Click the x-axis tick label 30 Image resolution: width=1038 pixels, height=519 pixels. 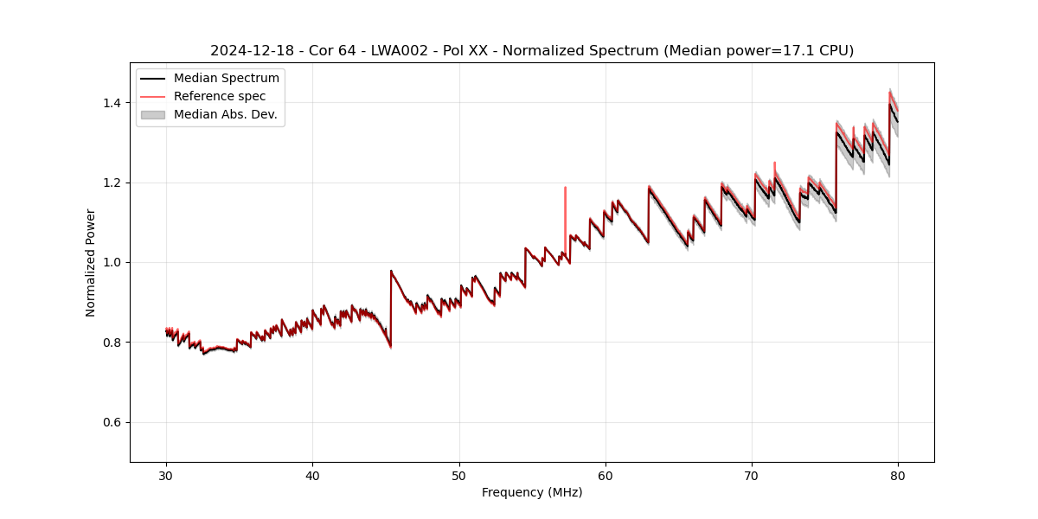pyautogui.click(x=166, y=475)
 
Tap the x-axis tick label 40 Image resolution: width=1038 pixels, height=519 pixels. pyautogui.click(x=312, y=475)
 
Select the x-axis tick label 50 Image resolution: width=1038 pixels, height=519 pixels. pyautogui.click(x=459, y=475)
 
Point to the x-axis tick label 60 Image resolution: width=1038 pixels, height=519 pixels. pyautogui.click(x=605, y=475)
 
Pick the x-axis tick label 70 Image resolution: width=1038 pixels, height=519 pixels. pyautogui.click(x=752, y=475)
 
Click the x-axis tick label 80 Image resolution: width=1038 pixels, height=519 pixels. pyautogui.click(x=898, y=475)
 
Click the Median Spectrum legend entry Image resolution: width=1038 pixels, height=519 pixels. pyautogui.click(x=226, y=79)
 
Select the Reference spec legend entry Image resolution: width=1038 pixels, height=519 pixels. pyautogui.click(x=220, y=96)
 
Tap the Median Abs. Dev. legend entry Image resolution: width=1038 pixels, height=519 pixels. pyautogui.click(x=225, y=114)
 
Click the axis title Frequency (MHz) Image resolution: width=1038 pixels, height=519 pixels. pyautogui.click(x=532, y=492)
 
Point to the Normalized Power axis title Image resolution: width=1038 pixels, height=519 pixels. pyautogui.click(x=91, y=262)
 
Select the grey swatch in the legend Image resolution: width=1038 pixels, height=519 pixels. pyautogui.click(x=153, y=114)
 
